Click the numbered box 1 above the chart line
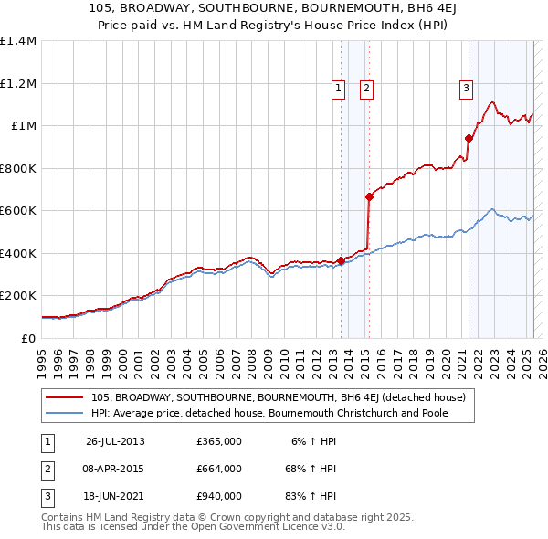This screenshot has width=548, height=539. pos(338,89)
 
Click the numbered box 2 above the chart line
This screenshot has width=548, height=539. pos(365,89)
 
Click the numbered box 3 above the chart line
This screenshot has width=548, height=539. pos(466,89)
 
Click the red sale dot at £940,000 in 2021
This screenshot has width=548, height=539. pos(469,139)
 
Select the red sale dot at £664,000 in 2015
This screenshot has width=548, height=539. pos(369,196)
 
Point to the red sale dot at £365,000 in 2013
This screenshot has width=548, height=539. pos(341,260)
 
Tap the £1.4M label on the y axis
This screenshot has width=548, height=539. pos(18,41)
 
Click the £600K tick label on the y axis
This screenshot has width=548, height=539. pos(18,211)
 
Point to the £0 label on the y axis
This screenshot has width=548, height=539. pos(26,338)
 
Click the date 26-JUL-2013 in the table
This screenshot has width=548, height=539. pos(115,441)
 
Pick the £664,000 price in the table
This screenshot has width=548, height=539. pos(219,469)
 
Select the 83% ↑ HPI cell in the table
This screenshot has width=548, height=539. pos(311,496)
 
